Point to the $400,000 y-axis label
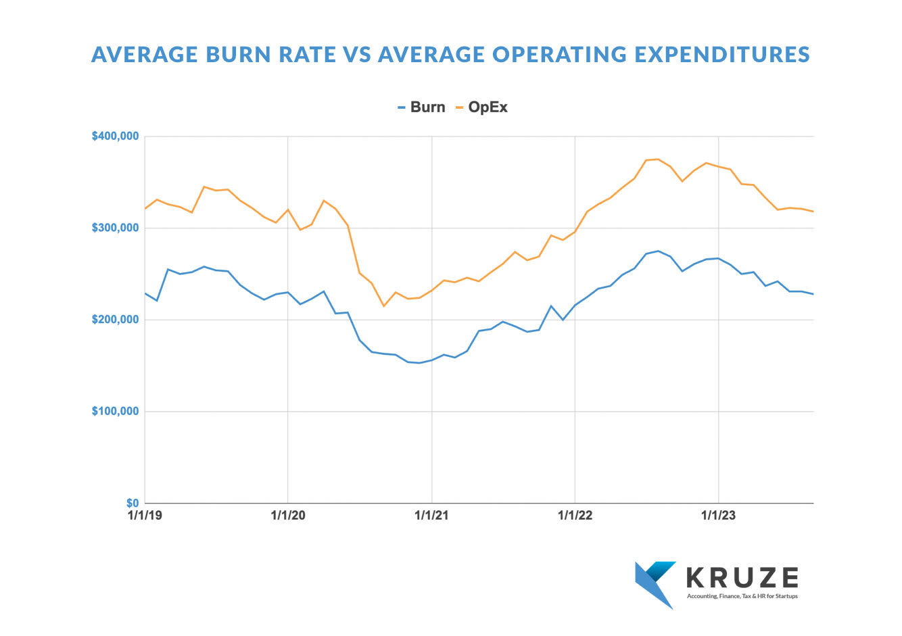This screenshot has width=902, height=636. (x=116, y=137)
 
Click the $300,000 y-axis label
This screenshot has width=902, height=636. (x=116, y=228)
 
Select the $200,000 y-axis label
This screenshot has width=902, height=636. (x=116, y=320)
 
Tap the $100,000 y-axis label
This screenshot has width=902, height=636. (x=116, y=411)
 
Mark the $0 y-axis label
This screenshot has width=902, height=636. (x=132, y=503)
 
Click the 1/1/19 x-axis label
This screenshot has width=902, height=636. (x=145, y=516)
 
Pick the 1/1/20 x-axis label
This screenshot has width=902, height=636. (x=288, y=516)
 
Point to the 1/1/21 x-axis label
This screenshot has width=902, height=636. (x=431, y=516)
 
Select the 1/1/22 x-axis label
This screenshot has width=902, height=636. (x=575, y=516)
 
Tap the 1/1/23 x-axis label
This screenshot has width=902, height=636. (x=718, y=516)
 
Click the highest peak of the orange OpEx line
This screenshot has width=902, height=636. (x=658, y=159)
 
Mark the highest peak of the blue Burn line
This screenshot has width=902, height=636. (x=658, y=251)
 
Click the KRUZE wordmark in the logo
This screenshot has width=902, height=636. (x=742, y=578)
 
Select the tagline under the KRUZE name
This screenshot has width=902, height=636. (x=742, y=596)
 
